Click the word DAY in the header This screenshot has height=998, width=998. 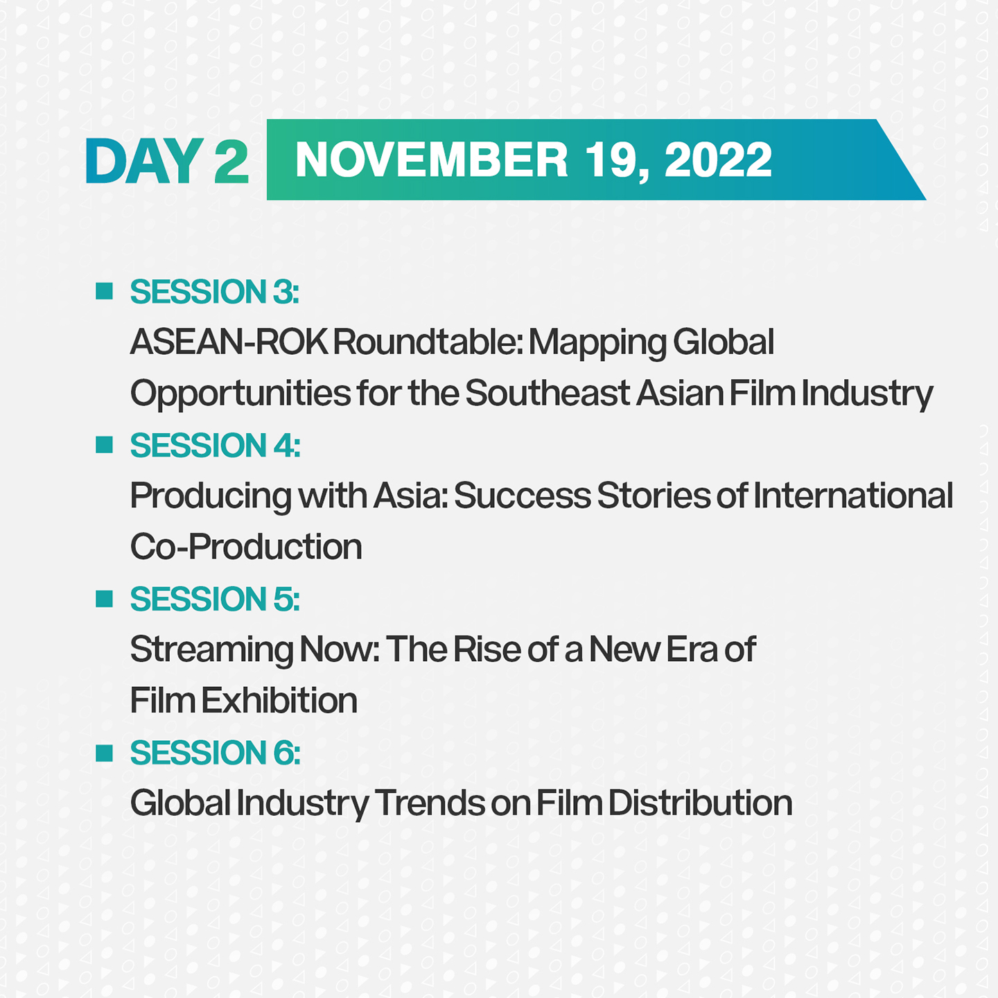coord(144,161)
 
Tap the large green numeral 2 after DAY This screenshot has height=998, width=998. coord(231,161)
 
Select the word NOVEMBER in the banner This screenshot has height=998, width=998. coord(431,160)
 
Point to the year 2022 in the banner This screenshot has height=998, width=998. coord(718,160)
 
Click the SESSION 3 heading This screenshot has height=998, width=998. coord(214,292)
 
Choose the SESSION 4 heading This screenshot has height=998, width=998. coord(215,446)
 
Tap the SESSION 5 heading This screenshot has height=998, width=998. coord(215,599)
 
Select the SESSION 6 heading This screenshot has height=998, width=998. coord(215,753)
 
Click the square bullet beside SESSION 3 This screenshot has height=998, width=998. coord(104,291)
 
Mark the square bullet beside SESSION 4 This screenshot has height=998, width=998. coord(104,445)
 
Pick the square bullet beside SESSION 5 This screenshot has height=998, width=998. coord(104,599)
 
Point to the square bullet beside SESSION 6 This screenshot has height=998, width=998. coord(104,753)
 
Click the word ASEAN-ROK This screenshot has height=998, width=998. coord(229,342)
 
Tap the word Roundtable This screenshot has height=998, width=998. coord(428,342)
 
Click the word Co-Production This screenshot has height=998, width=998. coord(246,547)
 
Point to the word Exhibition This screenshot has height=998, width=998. coord(279,701)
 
